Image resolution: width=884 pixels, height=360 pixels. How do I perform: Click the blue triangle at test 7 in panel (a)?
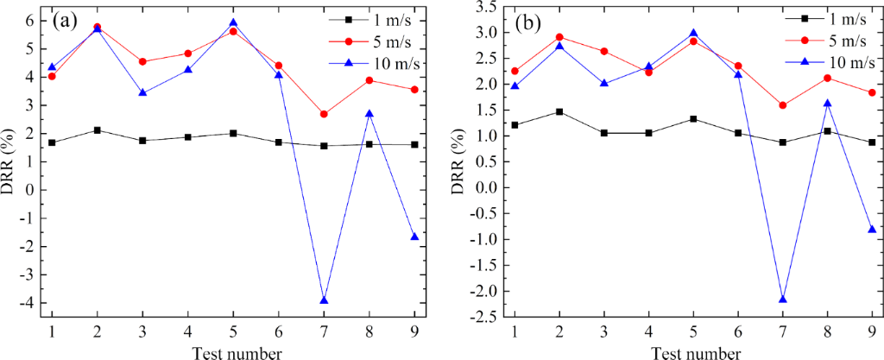pos(324,300)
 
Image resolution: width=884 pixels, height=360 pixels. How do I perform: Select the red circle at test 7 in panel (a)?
pos(324,114)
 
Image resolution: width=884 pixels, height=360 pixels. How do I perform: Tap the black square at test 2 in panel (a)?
pos(98,130)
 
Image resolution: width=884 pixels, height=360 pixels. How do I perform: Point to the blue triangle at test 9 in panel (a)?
pos(414,237)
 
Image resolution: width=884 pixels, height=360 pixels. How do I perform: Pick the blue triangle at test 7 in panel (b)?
pos(783,300)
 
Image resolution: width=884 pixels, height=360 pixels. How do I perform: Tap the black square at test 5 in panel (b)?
pos(693,119)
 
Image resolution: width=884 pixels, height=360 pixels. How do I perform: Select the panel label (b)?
pos(528,22)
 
